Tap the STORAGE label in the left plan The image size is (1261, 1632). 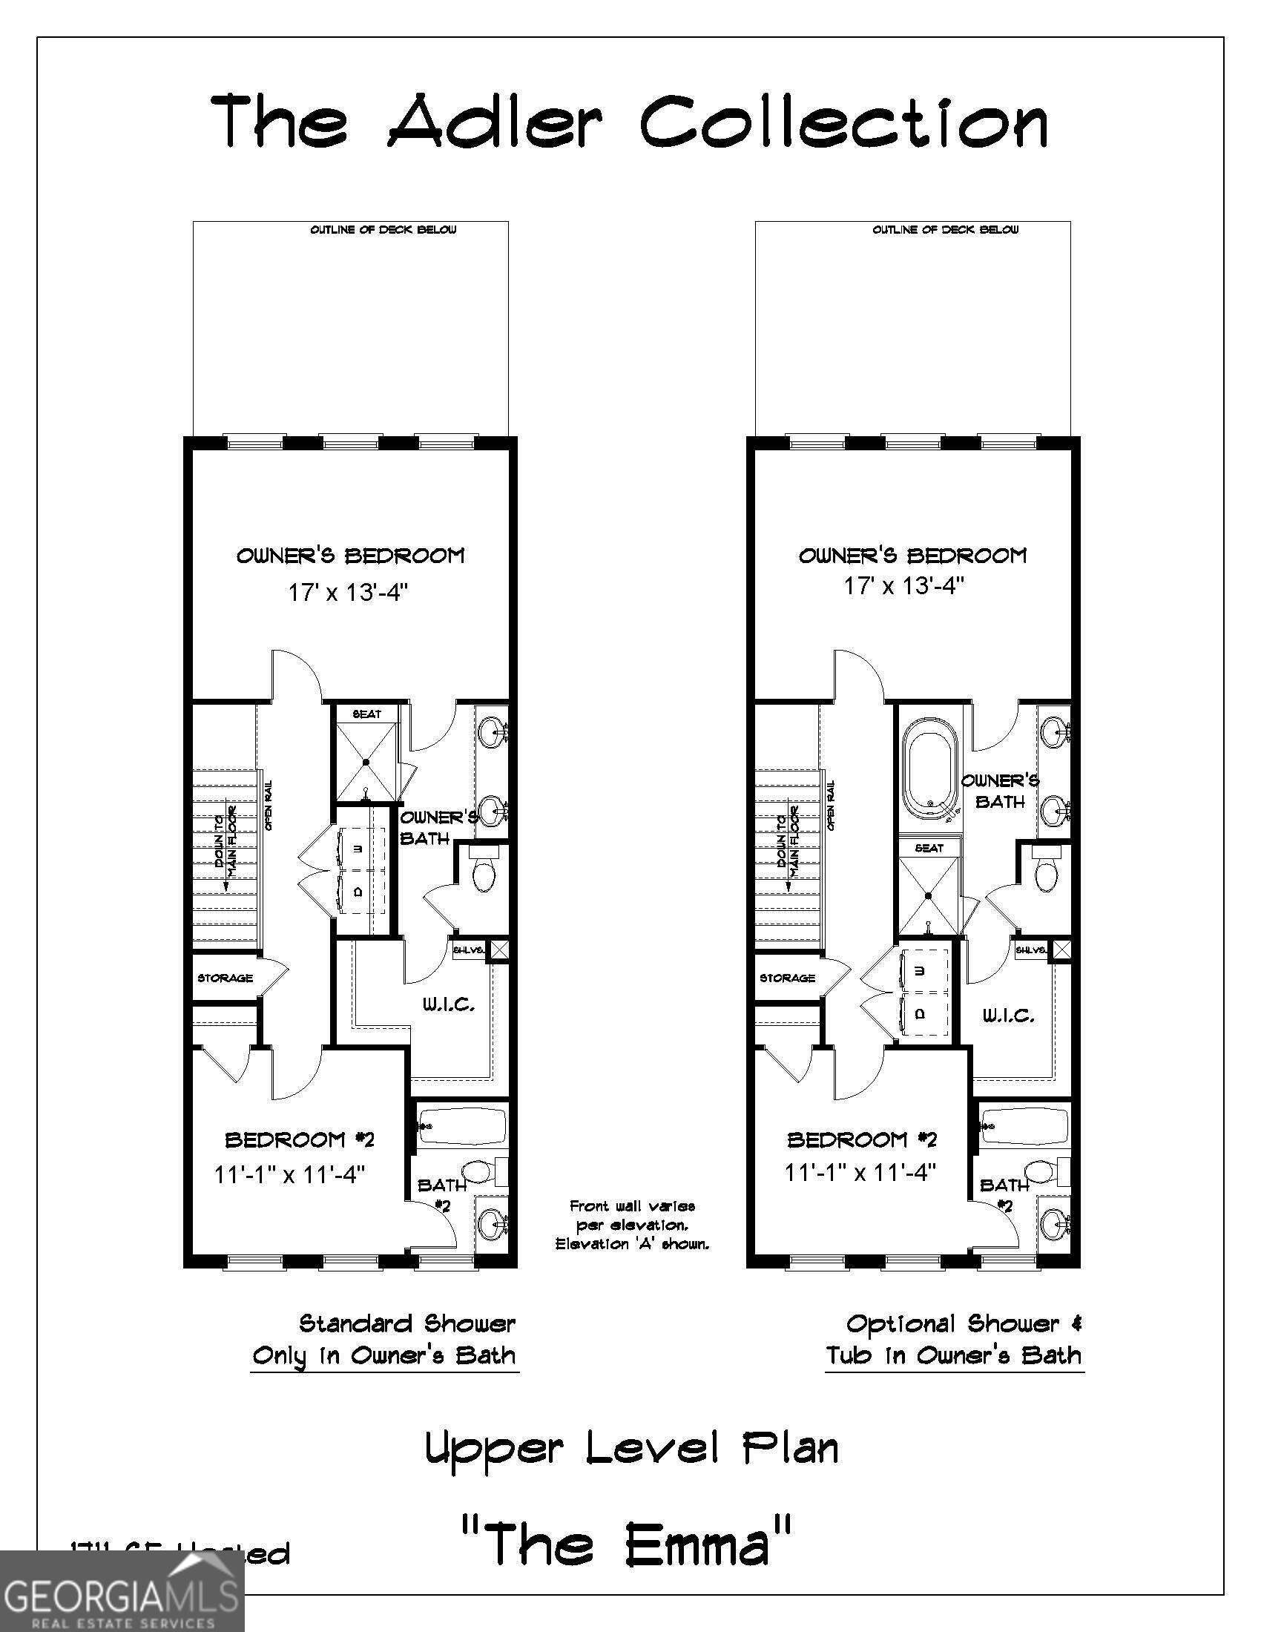click(x=225, y=978)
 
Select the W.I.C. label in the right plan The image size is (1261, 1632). click(x=1008, y=1016)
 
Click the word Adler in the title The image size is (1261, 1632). click(x=494, y=122)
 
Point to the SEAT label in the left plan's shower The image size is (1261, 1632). click(x=366, y=714)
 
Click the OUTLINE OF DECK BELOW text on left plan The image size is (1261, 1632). click(x=383, y=230)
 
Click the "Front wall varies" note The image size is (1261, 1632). click(x=632, y=1206)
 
